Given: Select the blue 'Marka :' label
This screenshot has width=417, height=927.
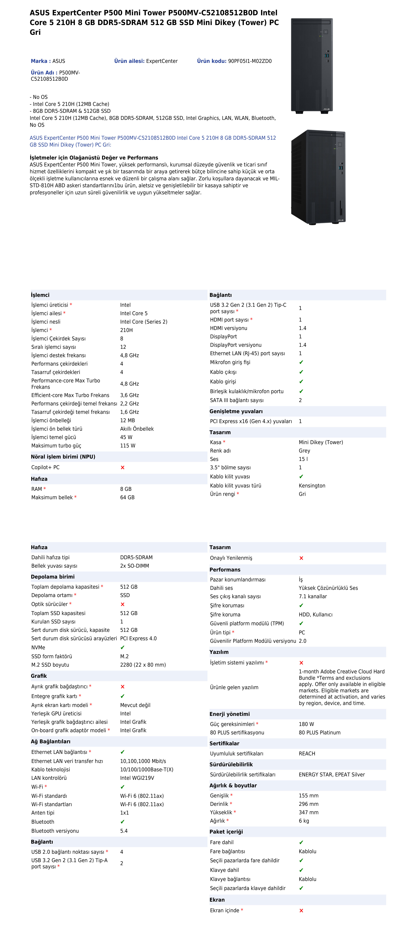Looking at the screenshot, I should click(x=41, y=61).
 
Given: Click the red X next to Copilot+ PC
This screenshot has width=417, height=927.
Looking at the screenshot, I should click(x=122, y=467).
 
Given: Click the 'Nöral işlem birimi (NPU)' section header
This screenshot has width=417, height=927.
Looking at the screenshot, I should click(x=63, y=457).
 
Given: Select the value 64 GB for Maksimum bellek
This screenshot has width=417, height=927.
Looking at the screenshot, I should click(x=127, y=497).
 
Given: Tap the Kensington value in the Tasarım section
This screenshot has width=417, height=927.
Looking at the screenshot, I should click(x=312, y=485).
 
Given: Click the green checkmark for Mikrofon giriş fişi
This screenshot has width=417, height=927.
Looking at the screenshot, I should click(x=301, y=362).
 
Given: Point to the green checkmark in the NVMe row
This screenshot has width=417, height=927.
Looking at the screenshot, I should click(x=122, y=647).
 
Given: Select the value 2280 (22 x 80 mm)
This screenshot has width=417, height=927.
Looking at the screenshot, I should click(x=143, y=665).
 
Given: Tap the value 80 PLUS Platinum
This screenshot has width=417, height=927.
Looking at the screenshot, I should click(x=319, y=732).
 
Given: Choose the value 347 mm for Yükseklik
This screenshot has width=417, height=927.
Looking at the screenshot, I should click(x=309, y=812).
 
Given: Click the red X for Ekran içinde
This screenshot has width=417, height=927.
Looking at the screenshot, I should click(x=301, y=911).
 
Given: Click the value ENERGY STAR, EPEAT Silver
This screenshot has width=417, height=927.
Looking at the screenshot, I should click(x=332, y=774).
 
